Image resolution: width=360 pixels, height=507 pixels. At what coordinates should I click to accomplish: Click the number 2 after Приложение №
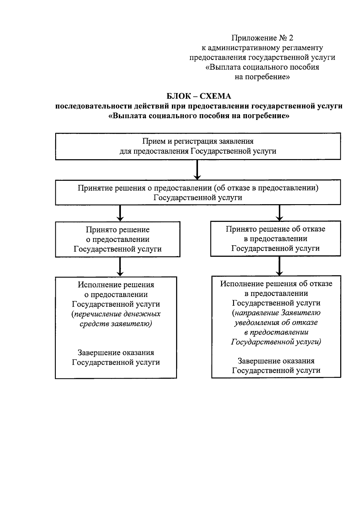click(290, 38)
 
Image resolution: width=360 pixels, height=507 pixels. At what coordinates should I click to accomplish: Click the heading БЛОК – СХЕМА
click(199, 96)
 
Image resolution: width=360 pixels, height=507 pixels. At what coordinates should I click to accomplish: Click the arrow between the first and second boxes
click(197, 170)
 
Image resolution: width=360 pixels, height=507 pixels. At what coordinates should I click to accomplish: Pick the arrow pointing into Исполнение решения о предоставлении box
click(120, 267)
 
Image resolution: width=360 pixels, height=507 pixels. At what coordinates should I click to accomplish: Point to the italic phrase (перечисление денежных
click(116, 314)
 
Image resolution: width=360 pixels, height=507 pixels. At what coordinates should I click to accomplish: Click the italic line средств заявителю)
click(116, 324)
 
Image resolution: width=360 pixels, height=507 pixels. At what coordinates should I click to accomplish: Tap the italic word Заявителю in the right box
click(300, 313)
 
